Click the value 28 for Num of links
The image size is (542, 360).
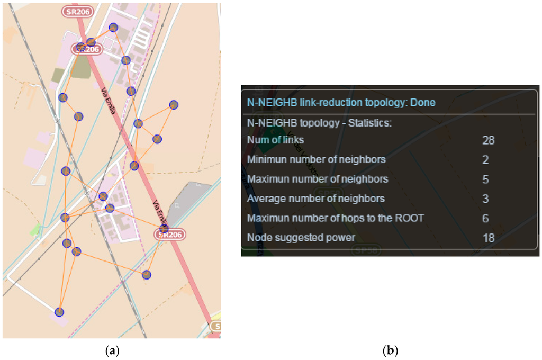[x=488, y=140]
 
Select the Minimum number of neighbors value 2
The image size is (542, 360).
[x=485, y=160]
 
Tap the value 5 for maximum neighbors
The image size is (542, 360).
[x=485, y=179]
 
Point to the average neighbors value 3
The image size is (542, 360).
[x=485, y=199]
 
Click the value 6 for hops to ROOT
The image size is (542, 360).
[x=485, y=219]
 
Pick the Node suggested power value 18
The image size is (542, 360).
[x=488, y=238]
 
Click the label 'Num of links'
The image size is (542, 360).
[x=275, y=140]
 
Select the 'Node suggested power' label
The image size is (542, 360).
[x=301, y=238]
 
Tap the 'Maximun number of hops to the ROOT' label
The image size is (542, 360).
[x=335, y=218]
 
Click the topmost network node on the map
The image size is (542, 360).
[x=113, y=27]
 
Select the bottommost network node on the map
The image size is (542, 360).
[x=59, y=312]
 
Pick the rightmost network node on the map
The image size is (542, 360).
[x=173, y=105]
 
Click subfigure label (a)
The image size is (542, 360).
[x=111, y=350]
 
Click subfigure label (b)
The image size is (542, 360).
[x=390, y=350]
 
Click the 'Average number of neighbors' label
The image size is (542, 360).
[x=315, y=199]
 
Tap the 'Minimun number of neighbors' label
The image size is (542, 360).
[x=316, y=160]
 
